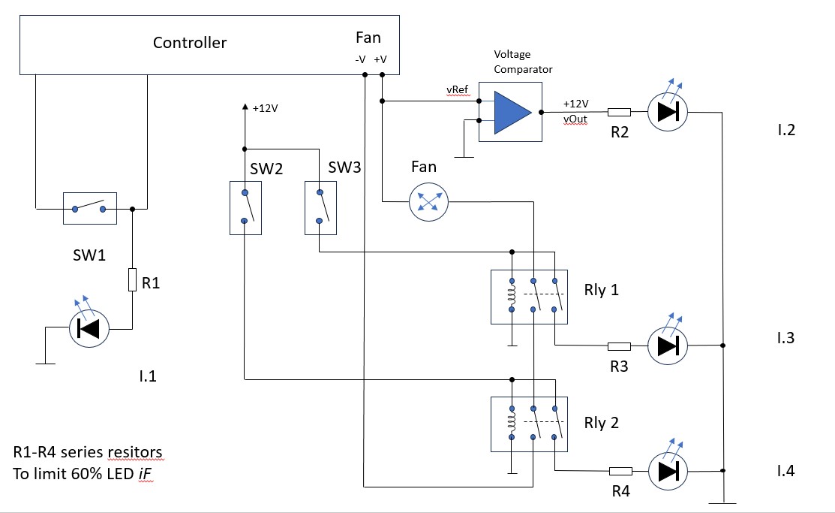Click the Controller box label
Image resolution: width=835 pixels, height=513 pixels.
pos(189,43)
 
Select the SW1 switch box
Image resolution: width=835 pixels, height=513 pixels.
pos(89,208)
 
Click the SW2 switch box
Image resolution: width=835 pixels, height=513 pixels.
pos(245,207)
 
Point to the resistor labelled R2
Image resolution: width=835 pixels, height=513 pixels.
pos(618,113)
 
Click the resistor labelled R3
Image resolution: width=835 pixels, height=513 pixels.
pos(618,346)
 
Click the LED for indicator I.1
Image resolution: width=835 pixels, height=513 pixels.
pos(89,328)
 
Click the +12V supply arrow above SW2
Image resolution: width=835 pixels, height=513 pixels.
pos(245,109)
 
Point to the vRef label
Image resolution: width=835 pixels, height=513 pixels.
pos(458,89)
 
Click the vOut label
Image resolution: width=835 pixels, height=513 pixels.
pos(576,118)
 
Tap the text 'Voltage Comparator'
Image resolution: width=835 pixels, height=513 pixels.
pos(523,62)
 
